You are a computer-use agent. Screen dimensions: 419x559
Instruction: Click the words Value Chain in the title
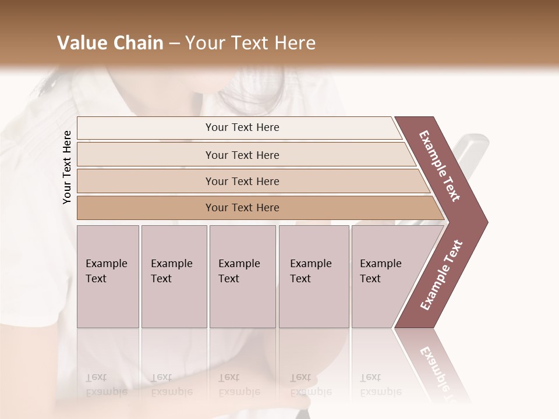coord(110,43)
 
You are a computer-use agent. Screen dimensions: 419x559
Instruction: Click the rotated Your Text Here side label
coord(67,167)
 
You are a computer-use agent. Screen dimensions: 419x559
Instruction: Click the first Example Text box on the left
coord(108,276)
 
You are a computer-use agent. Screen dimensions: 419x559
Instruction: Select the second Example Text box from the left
coord(174,276)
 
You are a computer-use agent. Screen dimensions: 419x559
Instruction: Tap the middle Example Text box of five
coord(242,276)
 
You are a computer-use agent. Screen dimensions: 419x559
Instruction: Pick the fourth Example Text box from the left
coord(313,276)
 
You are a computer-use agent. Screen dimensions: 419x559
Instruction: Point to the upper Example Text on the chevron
coord(440,166)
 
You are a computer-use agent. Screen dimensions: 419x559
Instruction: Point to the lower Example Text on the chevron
coord(441,275)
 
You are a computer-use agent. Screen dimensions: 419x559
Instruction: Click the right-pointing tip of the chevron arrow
coord(484,222)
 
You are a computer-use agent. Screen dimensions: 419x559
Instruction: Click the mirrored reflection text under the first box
coord(107,385)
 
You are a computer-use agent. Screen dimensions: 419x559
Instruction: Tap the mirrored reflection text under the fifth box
coord(381,385)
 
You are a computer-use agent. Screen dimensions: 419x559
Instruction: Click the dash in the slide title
coord(174,43)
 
